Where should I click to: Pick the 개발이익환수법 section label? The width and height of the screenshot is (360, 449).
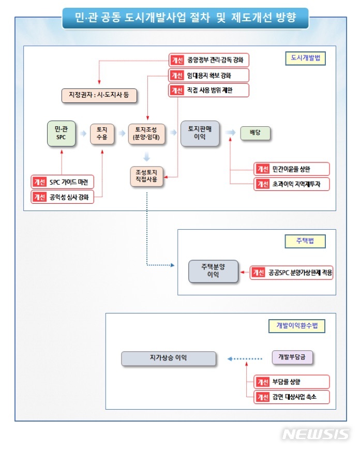(x=297, y=325)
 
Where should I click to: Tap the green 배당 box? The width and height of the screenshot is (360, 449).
(x=255, y=133)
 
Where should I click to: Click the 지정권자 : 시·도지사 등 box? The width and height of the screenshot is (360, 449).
(x=96, y=96)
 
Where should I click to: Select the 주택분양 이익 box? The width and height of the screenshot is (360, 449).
(x=213, y=272)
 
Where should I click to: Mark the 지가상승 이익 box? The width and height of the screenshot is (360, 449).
(x=169, y=358)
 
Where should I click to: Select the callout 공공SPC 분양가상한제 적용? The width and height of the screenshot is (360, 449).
(x=291, y=272)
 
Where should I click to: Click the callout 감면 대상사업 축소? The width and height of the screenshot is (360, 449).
(x=291, y=397)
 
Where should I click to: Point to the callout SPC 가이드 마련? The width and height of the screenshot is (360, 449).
(x=63, y=182)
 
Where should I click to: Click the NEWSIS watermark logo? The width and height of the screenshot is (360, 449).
(x=316, y=434)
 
